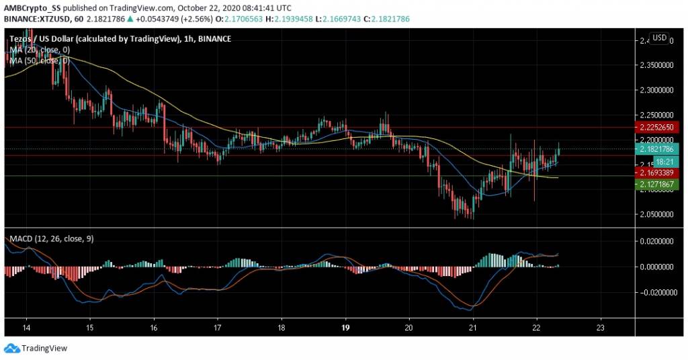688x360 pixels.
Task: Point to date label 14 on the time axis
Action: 26,328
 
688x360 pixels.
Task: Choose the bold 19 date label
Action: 345,328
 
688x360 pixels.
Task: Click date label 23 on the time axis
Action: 601,328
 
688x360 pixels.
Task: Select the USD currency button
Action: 659,38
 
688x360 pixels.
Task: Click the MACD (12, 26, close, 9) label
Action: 48,238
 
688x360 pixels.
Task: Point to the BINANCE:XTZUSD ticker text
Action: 34,19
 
